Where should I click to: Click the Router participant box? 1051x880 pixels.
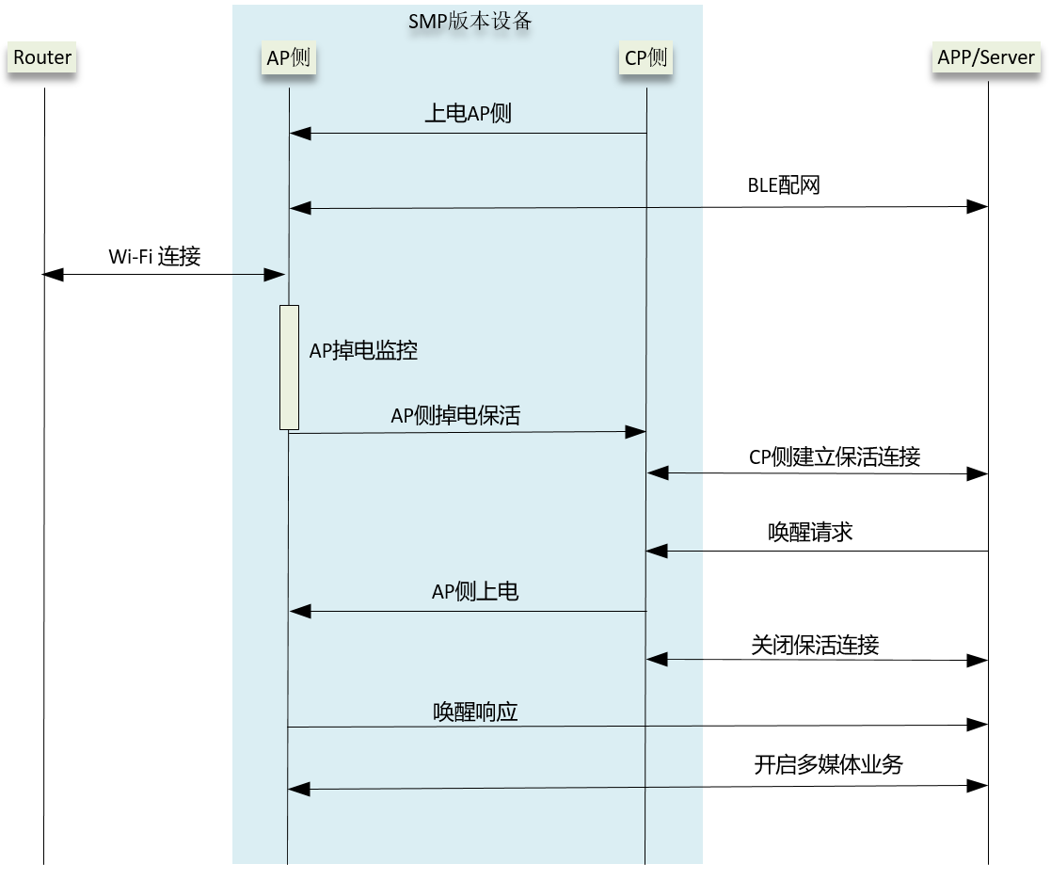tap(42, 57)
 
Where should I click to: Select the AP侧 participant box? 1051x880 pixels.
tap(288, 57)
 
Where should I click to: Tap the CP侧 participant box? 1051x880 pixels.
tap(645, 57)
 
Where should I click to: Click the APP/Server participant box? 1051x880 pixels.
tap(986, 57)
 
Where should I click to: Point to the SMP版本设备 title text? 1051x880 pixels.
tap(470, 21)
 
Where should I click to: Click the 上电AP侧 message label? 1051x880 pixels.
tap(468, 115)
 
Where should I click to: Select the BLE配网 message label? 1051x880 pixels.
tap(784, 184)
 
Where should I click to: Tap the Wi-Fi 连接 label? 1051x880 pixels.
tap(154, 256)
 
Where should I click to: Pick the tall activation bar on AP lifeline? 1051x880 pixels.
tap(289, 367)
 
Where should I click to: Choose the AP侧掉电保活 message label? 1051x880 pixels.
tap(455, 415)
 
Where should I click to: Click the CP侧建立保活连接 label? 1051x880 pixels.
tap(834, 457)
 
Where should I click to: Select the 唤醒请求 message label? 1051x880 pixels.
tap(809, 532)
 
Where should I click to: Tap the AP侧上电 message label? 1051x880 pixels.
tap(475, 592)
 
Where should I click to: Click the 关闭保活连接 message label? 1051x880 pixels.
tap(815, 645)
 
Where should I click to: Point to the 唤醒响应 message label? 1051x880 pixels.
tap(475, 712)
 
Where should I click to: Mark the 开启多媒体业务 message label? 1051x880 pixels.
tap(828, 764)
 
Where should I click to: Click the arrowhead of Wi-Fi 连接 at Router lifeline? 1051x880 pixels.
tap(53, 274)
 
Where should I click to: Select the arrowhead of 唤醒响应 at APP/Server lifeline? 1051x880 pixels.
tap(978, 726)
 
